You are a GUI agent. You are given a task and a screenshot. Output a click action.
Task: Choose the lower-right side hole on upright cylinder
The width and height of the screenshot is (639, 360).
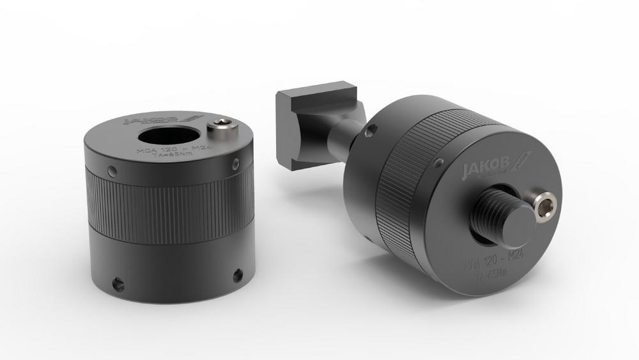[x=237, y=275]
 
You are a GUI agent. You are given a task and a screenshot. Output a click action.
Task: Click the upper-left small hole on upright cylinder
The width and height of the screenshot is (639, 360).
[x=112, y=170]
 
